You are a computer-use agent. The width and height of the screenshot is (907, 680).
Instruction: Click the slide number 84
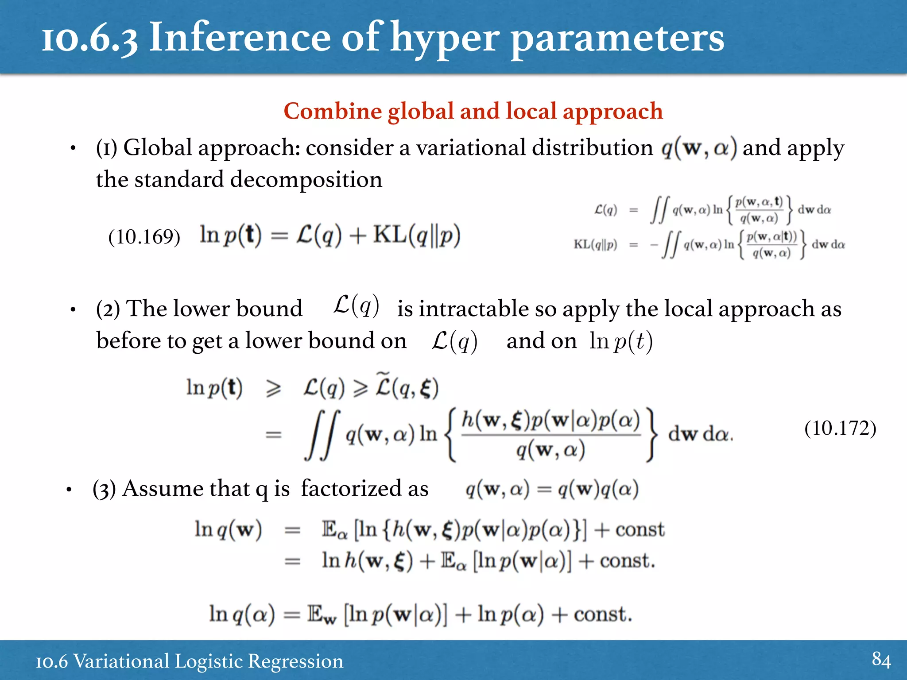881,660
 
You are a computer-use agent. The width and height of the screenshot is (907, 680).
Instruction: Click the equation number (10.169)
144,237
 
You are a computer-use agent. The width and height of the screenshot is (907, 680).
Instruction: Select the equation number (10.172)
840,428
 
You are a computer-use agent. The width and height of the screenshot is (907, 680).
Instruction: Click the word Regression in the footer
295,661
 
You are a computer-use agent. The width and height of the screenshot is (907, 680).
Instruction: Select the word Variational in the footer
121,661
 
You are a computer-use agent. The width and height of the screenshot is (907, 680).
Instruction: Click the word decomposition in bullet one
306,180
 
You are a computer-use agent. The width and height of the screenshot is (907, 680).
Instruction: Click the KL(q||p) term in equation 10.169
417,235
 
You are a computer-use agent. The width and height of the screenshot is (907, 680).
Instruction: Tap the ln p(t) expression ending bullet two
621,341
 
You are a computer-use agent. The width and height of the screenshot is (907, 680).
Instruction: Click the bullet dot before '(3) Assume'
69,490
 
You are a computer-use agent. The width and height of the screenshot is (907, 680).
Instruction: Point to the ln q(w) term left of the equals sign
228,529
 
